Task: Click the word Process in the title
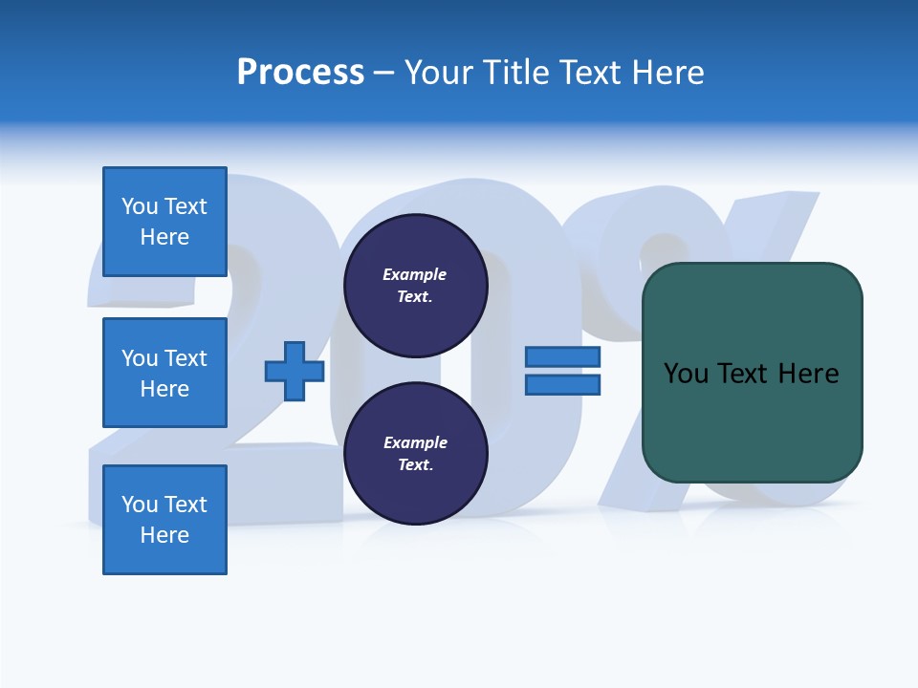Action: [300, 72]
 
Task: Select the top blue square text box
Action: [164, 222]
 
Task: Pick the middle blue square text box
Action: [164, 373]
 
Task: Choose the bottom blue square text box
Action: [164, 520]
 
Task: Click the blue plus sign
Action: [295, 371]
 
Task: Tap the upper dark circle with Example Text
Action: [415, 286]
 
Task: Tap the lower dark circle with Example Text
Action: [415, 454]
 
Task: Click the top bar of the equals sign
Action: [562, 356]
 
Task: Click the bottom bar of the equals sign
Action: [562, 384]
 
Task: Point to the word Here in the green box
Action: [808, 373]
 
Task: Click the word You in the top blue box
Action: [140, 206]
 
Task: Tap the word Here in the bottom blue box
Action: [164, 535]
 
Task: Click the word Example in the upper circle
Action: [415, 274]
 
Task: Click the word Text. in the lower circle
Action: [415, 464]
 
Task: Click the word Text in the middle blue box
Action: [185, 358]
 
